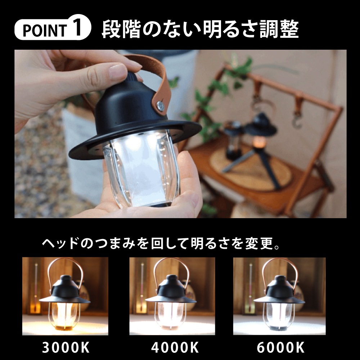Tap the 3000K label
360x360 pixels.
(66, 347)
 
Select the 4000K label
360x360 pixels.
(175, 347)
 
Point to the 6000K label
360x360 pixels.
(280, 347)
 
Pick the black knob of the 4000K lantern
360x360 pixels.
(171, 278)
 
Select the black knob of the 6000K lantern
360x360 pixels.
(279, 278)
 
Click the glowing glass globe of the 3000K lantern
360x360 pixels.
(64, 315)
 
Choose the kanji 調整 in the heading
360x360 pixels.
(279, 29)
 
